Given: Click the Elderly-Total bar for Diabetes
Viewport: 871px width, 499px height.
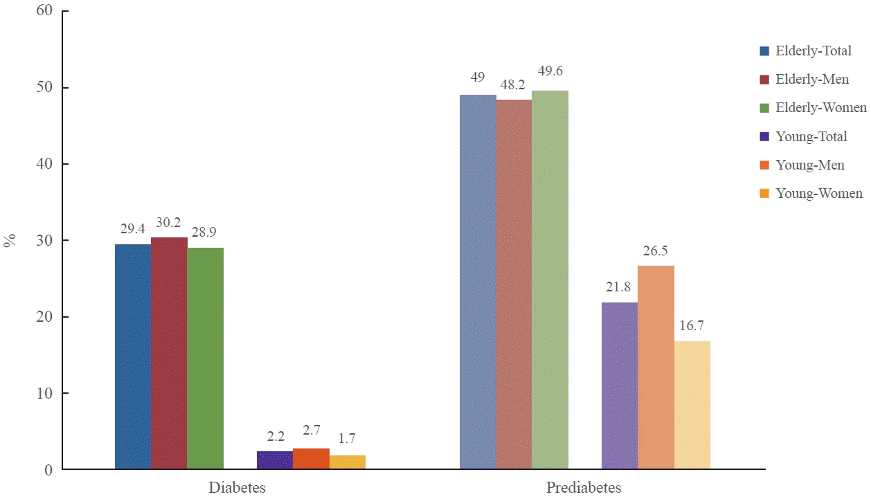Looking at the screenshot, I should coord(133,356).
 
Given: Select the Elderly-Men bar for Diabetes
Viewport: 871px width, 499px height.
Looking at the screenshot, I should coord(169,353).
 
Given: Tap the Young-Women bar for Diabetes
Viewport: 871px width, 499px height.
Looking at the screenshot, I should coord(348,462).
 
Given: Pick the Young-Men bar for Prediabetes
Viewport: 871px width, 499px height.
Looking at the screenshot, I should coord(656,368).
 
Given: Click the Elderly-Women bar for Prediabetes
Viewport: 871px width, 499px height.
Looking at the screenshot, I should coord(550,280).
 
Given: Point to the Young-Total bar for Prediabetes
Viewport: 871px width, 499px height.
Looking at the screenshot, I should coord(620,385).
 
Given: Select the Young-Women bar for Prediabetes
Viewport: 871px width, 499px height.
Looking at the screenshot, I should coord(692,405).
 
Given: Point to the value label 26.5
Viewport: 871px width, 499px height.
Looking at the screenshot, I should coord(656,251).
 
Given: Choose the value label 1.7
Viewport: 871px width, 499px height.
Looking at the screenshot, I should coord(348,439).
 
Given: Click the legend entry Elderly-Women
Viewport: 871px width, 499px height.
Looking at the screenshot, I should coord(821,108).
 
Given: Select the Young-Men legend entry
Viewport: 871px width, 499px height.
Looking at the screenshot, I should coord(810,165).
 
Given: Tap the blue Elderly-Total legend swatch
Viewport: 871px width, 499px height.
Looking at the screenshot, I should coord(764,51).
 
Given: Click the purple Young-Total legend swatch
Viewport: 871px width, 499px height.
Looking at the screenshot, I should coord(764,137).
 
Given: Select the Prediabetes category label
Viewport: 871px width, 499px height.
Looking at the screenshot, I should coord(584,487).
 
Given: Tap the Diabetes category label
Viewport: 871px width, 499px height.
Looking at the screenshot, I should coord(237,487).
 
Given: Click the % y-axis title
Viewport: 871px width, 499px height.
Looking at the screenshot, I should coord(10,241).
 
